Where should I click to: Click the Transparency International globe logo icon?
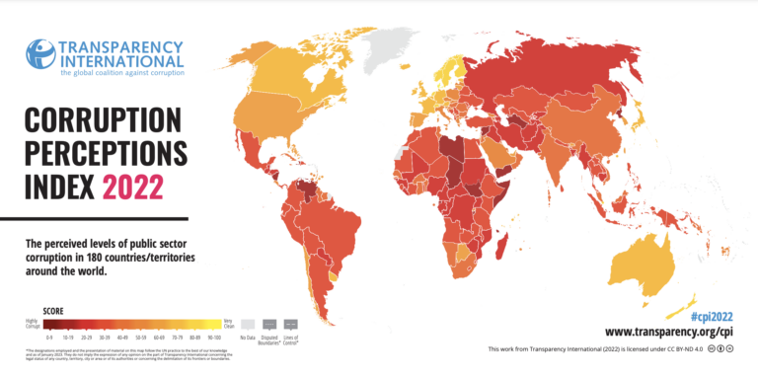coord(40,54)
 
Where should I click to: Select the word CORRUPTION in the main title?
coord(104,123)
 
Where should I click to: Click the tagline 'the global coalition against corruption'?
coord(120,72)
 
